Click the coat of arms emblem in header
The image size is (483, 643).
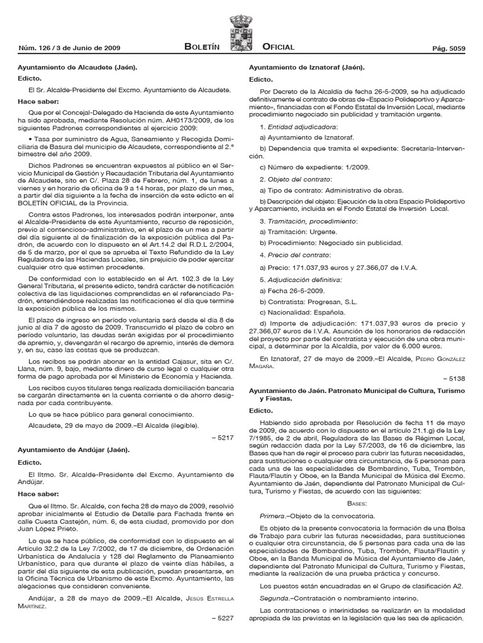(241, 31)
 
